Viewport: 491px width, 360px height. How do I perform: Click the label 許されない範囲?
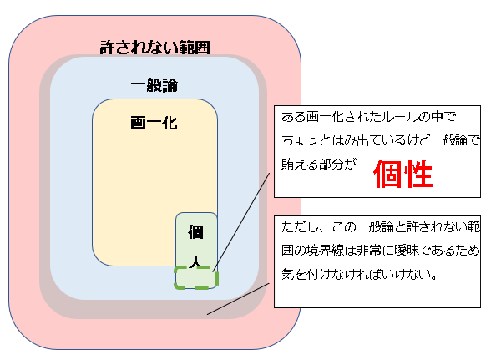tap(154, 48)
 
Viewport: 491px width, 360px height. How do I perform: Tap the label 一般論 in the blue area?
tap(154, 85)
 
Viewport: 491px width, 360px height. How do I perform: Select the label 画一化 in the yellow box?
tap(154, 123)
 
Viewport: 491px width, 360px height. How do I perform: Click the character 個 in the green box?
tap(196, 232)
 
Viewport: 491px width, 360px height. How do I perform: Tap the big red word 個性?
tap(403, 174)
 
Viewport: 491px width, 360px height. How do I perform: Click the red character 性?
tap(419, 174)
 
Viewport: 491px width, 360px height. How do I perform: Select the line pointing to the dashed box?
tap(241, 222)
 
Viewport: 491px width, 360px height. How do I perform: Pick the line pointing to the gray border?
tap(238, 299)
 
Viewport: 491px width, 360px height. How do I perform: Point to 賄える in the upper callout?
tap(300, 164)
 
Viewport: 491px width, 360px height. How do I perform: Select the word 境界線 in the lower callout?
tap(325, 251)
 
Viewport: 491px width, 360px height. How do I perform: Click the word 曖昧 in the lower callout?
tap(407, 251)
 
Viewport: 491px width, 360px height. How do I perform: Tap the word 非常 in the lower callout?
tap(369, 251)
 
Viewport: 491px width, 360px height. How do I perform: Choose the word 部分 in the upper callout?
tap(331, 164)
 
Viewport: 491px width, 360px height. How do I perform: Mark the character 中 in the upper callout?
tap(438, 117)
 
